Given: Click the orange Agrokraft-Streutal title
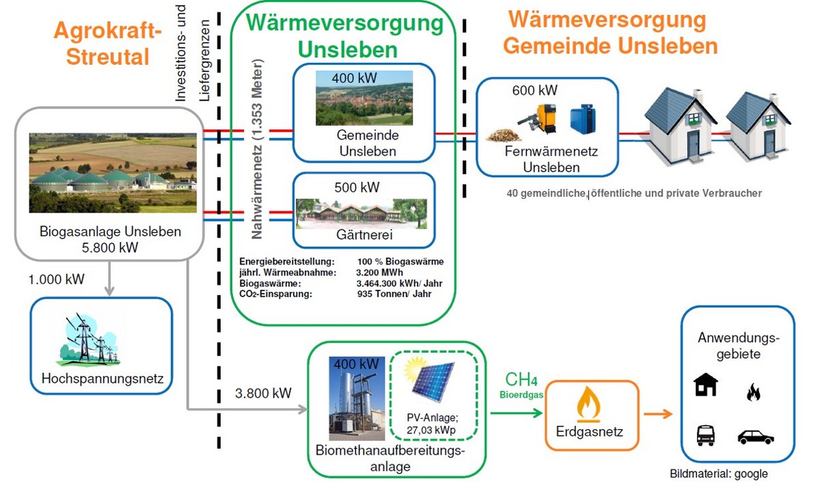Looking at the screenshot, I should point(107,42).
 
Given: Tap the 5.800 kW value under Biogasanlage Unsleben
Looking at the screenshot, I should point(109,247).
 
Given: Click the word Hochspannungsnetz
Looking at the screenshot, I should point(102,378).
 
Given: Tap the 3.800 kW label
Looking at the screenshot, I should point(263,393).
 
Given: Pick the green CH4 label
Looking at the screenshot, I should point(519,380).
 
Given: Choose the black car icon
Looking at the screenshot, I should point(755,437).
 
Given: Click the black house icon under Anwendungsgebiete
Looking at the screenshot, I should point(705,385).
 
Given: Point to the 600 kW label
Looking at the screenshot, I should point(534,90).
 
